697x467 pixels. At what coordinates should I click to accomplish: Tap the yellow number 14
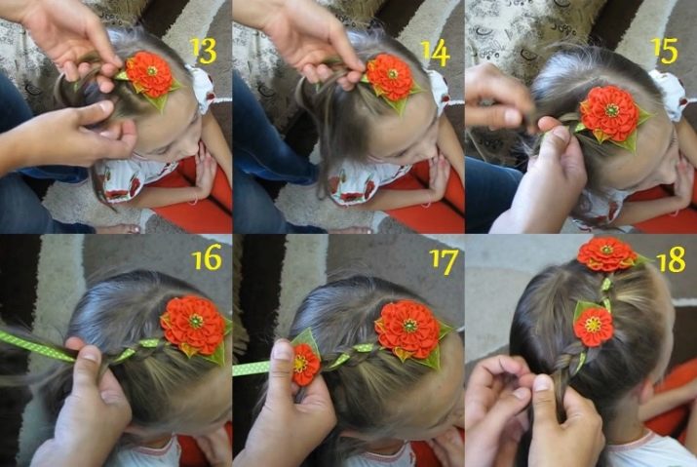click(436, 53)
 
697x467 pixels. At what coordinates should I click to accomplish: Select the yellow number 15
click(664, 51)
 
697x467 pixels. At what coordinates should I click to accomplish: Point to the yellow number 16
click(207, 257)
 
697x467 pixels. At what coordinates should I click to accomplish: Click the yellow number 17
click(444, 261)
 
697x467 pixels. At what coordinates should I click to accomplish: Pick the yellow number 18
click(672, 259)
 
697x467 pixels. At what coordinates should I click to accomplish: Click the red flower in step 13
click(149, 74)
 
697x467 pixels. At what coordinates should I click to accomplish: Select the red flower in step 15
click(610, 113)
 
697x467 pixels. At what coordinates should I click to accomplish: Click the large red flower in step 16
click(194, 326)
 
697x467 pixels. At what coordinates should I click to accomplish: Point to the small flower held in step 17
click(306, 364)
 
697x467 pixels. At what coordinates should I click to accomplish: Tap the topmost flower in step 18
click(606, 254)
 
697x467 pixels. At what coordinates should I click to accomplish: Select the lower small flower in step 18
click(594, 327)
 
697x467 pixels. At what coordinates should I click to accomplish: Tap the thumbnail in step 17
click(283, 350)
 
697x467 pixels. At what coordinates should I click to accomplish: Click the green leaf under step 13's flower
click(158, 101)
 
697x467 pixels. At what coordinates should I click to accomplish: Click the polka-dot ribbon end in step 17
click(252, 369)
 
